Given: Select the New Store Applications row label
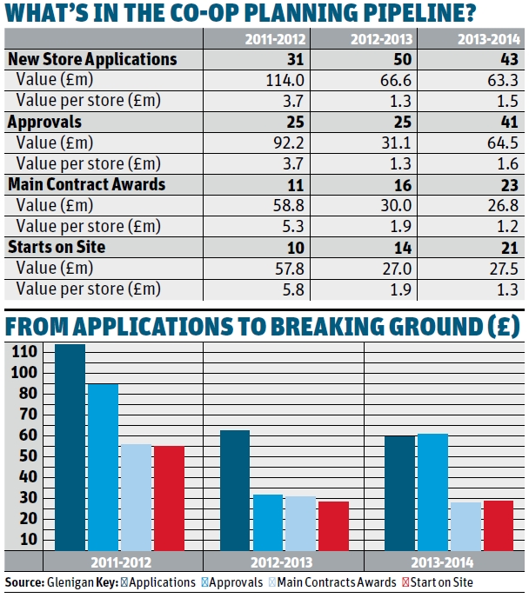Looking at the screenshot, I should click(92, 59).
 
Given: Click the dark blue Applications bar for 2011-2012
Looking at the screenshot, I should click(71, 447).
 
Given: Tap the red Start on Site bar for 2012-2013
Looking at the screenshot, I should click(332, 525).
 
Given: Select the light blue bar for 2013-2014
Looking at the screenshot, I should click(465, 526).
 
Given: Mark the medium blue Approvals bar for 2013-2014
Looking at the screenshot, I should click(433, 491).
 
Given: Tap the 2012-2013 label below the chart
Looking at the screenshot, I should click(282, 561).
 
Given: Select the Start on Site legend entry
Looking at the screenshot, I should click(432, 581).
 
